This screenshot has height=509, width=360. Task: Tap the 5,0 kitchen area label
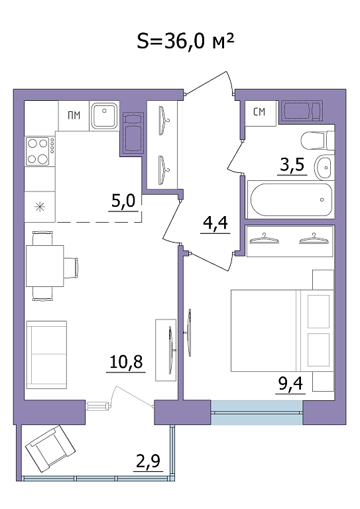123,201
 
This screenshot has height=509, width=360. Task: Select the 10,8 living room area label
126,362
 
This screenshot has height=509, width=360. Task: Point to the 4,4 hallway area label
215,223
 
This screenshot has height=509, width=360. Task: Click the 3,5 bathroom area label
292,164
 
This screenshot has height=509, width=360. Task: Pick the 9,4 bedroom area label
290,384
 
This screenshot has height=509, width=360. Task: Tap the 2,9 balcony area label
149,461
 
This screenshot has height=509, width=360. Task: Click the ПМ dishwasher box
74,115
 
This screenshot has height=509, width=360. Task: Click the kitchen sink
104,115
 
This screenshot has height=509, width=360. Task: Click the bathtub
290,199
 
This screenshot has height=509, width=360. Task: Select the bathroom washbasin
324,166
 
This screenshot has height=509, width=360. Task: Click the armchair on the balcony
50,449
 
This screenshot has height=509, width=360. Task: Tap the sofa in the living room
46,355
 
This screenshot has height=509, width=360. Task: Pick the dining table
44,266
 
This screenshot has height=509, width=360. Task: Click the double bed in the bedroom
282,331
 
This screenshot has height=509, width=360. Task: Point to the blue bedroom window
257,412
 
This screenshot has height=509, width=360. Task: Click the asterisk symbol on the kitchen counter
40,207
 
